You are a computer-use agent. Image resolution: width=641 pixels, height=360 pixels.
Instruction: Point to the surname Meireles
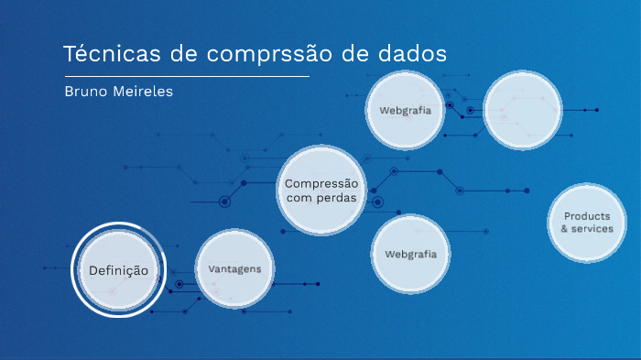tap(140, 93)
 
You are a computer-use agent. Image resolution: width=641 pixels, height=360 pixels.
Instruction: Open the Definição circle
tap(118, 270)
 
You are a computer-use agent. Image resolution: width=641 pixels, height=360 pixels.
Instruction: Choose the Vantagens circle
tap(234, 269)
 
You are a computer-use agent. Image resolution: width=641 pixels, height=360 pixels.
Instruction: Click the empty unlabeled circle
tap(522, 111)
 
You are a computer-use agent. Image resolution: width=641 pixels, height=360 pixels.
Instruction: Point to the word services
tap(592, 229)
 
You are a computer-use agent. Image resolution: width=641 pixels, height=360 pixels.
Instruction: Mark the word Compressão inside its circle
tap(320, 183)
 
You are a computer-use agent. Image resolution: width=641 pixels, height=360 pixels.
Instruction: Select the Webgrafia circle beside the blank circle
tap(405, 110)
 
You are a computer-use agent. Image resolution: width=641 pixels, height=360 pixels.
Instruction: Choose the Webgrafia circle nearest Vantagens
tap(410, 254)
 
